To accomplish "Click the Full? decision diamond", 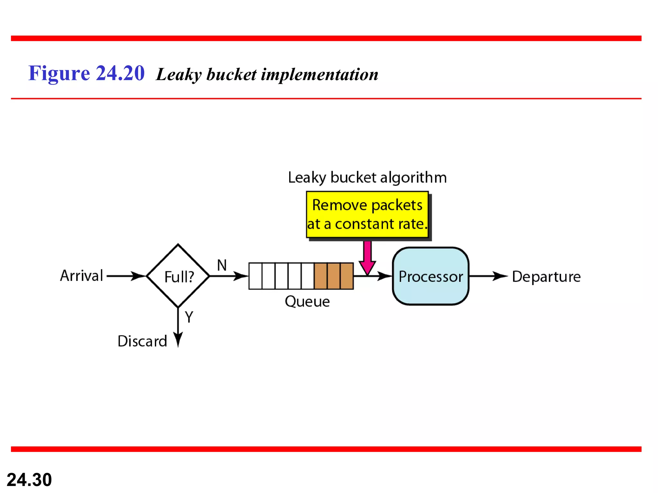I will [178, 276].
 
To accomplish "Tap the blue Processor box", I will [431, 276].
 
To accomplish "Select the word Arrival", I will [82, 276].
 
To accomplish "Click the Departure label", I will [546, 277].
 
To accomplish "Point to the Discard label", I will [142, 341].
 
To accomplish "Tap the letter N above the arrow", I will [222, 265].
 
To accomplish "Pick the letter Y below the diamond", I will [189, 317].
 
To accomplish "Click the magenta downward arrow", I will [367, 257].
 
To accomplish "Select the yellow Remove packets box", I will [367, 214].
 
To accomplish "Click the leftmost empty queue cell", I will [255, 276].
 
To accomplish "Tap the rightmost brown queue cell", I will [347, 276].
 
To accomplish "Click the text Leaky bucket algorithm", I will [367, 177].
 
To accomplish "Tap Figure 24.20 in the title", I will [86, 73].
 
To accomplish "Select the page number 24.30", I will [29, 480].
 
